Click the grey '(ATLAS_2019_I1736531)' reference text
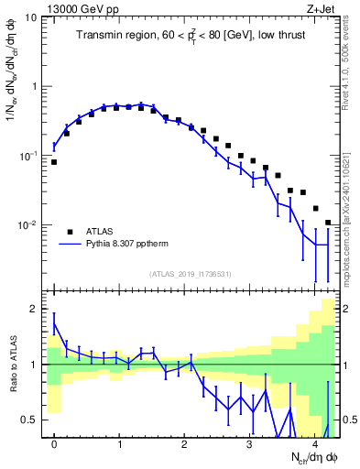tap(190, 273)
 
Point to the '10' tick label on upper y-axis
tap(29, 17)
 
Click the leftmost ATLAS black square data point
tap(54, 162)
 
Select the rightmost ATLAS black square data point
tap(328, 223)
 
